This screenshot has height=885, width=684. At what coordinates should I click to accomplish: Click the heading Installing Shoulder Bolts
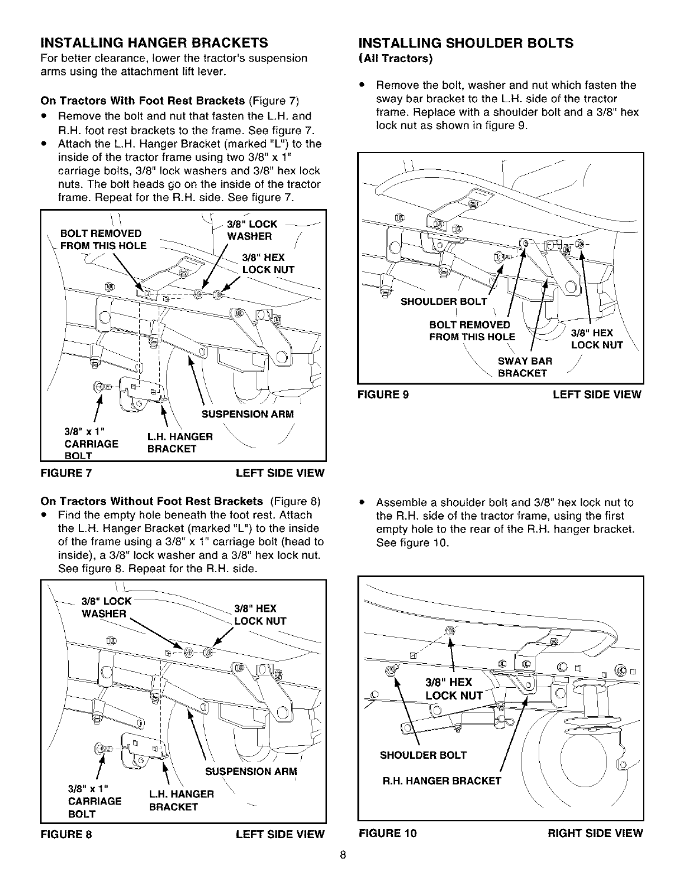click(465, 43)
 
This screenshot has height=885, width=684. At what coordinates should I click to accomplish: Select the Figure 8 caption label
click(66, 834)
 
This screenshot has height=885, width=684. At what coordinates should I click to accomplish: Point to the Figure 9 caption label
click(383, 395)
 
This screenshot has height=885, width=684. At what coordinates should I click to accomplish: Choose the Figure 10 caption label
click(387, 833)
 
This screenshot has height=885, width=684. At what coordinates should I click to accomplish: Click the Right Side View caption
click(595, 833)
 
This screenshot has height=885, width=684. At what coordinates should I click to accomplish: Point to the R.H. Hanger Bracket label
click(441, 781)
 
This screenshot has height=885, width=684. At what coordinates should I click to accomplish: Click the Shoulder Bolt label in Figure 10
click(423, 755)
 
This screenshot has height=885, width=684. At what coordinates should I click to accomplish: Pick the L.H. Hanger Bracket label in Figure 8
click(181, 800)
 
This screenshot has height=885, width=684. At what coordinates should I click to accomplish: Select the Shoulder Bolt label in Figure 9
click(444, 302)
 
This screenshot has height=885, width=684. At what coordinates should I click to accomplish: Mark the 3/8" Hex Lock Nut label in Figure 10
click(453, 689)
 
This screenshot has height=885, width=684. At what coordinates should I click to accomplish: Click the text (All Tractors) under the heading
click(396, 58)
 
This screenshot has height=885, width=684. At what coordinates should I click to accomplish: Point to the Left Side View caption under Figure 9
click(597, 395)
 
